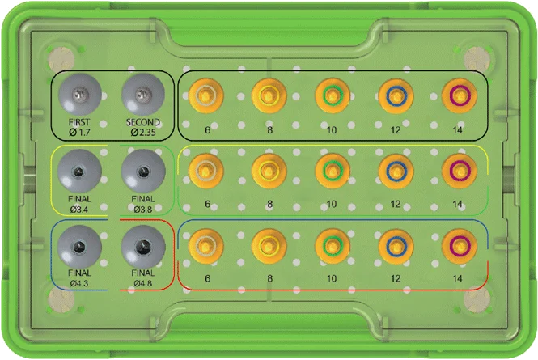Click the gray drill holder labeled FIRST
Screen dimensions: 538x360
point(79,95)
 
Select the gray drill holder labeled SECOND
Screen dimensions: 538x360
point(143,95)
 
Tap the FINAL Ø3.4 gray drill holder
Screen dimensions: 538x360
point(79,171)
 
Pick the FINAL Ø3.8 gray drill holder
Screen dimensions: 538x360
point(143,171)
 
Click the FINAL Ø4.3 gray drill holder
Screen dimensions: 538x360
point(79,247)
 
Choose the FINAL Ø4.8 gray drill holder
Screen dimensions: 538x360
point(143,247)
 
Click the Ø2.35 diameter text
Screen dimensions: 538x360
point(143,132)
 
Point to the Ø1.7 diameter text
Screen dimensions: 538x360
point(79,132)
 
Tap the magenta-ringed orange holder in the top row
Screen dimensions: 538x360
point(459,95)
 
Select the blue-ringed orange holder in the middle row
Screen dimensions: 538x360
point(396,171)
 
